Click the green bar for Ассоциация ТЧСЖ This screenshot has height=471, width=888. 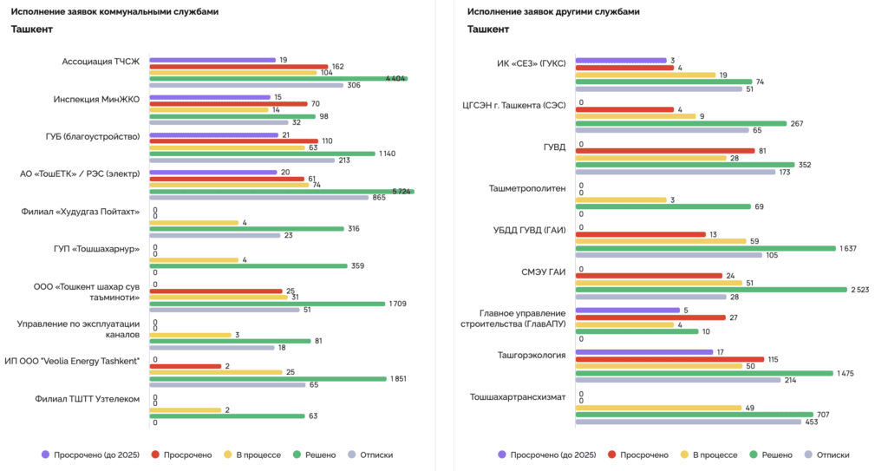277,79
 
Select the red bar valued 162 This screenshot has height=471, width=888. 238,66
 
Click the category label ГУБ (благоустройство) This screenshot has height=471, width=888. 93,136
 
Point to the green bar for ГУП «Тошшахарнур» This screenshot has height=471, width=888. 248,266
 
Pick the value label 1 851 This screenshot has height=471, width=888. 399,378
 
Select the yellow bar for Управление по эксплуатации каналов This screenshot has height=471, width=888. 190,335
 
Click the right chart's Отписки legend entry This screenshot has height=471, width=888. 826,454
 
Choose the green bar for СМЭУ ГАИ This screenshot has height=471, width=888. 711,290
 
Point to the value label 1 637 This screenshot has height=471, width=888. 849,248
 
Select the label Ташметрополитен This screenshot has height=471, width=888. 529,186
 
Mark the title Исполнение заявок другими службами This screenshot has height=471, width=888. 553,12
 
